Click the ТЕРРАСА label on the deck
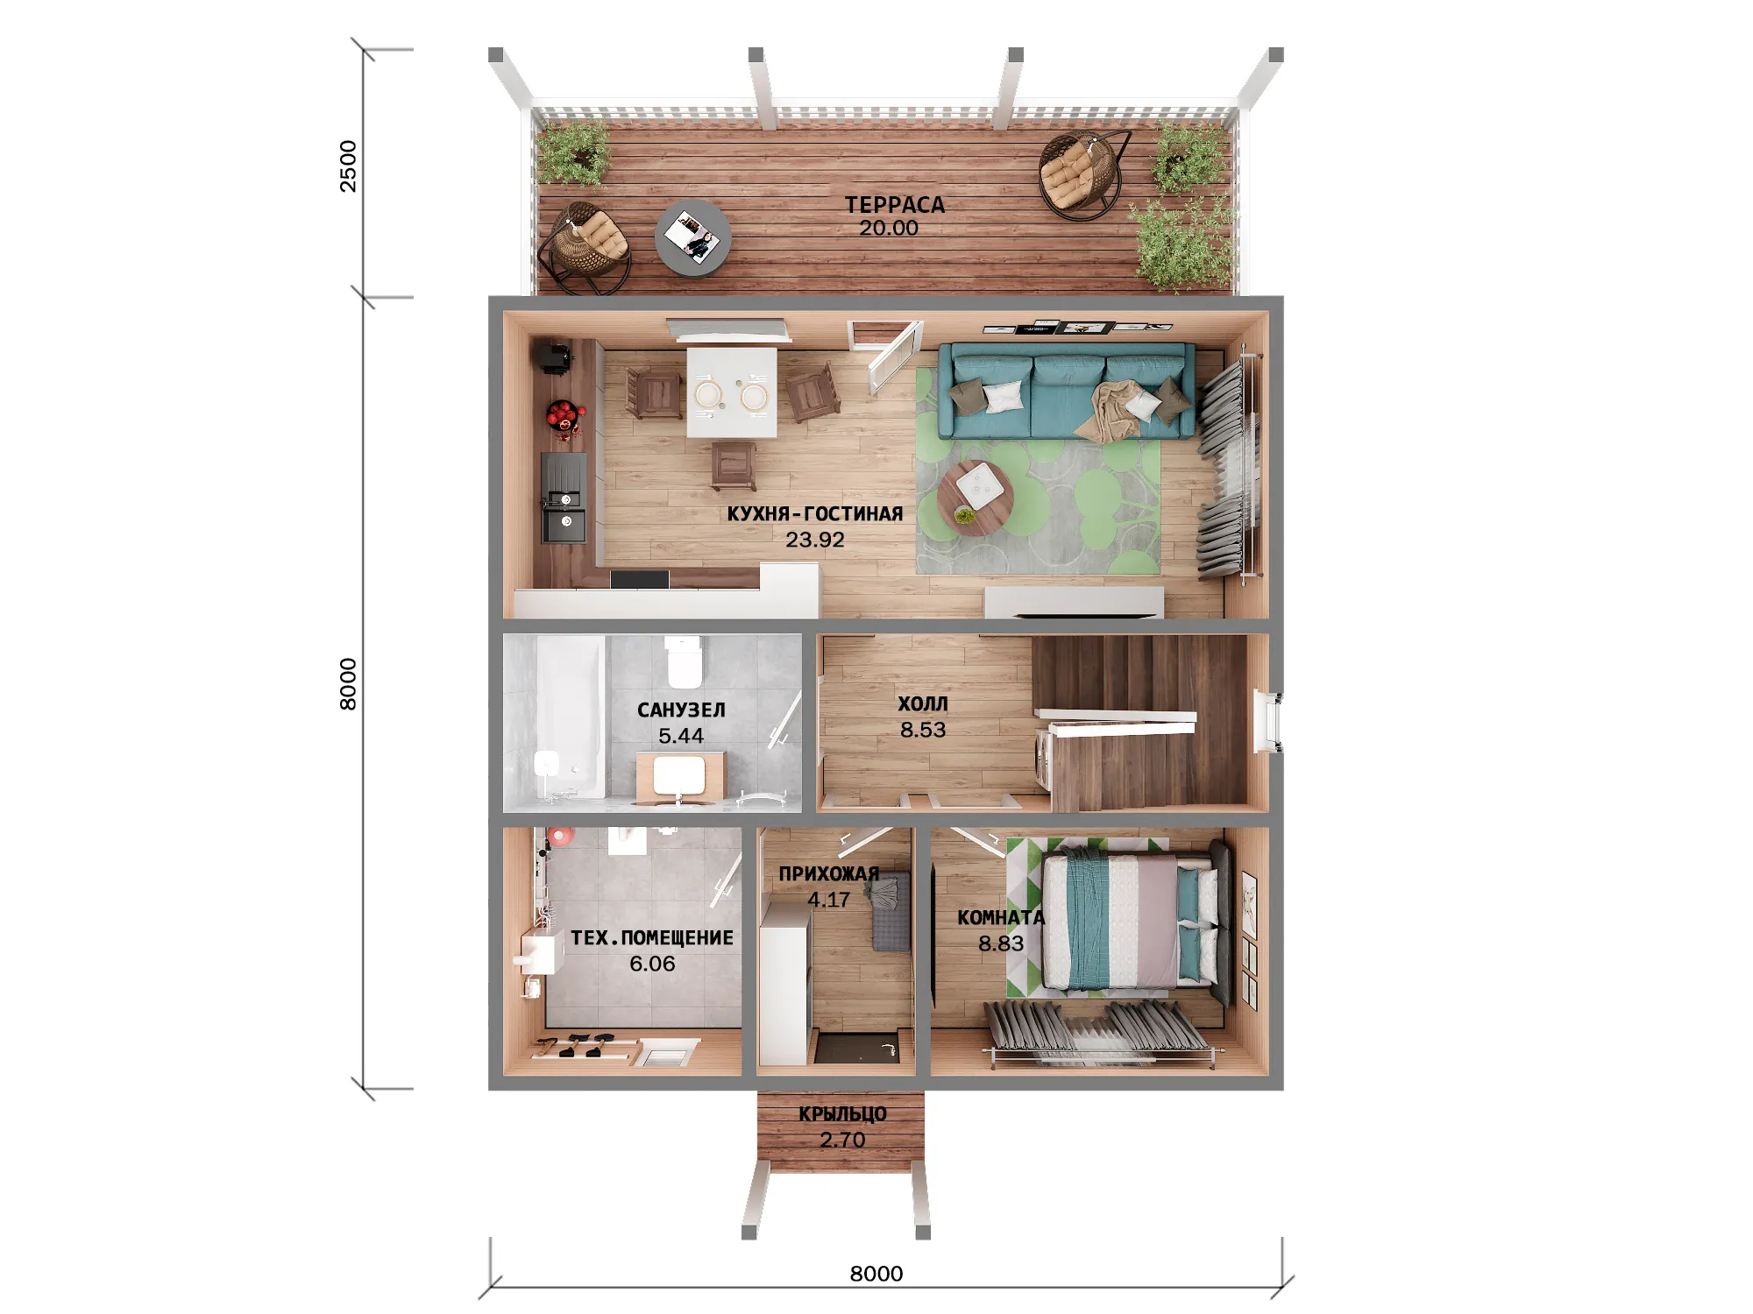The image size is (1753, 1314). tap(895, 205)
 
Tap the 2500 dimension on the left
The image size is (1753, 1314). tap(349, 166)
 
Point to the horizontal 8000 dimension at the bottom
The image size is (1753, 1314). tap(876, 1274)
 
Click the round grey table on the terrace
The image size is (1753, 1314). tap(693, 239)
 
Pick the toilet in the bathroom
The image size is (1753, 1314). tap(684, 661)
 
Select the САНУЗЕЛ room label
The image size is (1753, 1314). tap(681, 710)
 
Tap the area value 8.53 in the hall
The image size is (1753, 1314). tap(923, 730)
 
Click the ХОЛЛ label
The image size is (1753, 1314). tap(923, 703)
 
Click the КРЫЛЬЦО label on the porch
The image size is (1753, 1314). tap(842, 1114)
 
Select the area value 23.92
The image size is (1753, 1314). tap(815, 540)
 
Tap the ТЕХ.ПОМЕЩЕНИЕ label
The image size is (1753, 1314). tap(652, 937)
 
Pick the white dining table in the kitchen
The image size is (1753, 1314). tap(731, 392)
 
